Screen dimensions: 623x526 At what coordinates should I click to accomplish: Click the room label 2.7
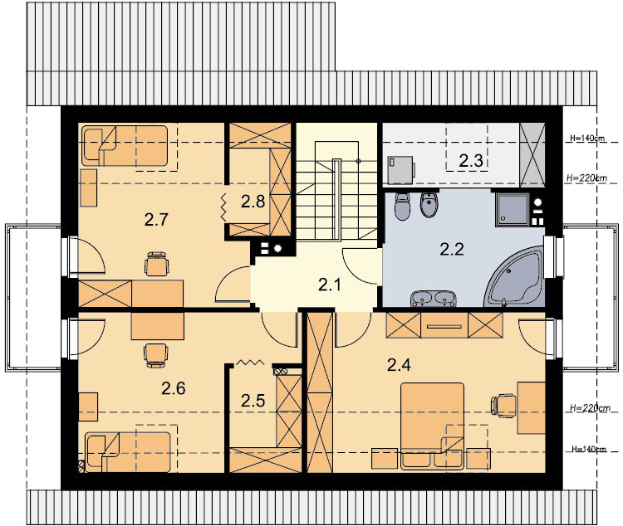(156, 220)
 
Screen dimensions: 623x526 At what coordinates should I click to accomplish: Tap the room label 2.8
(253, 202)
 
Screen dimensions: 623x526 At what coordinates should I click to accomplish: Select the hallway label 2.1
(330, 285)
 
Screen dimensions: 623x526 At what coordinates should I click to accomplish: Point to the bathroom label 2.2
(452, 249)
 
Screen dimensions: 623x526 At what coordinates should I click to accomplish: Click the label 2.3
(471, 161)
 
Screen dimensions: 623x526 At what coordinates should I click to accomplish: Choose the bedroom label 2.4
(399, 365)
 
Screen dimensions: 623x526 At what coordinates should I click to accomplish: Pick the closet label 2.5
(253, 401)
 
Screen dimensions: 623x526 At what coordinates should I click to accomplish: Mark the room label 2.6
(174, 388)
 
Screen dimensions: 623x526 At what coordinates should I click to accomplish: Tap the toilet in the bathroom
(403, 207)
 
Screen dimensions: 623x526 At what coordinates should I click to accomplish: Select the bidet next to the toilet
(429, 205)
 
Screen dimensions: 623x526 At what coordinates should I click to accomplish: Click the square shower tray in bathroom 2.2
(513, 210)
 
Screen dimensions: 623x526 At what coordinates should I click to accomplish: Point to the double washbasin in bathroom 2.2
(434, 299)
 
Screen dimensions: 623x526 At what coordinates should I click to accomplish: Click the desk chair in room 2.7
(157, 264)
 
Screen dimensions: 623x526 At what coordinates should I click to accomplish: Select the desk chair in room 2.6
(155, 355)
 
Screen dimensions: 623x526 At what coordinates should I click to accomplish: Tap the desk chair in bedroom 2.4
(503, 406)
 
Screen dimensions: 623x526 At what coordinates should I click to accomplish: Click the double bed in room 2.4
(432, 426)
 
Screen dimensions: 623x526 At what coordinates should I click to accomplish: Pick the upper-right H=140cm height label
(587, 139)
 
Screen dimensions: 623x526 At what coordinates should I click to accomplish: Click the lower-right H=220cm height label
(590, 407)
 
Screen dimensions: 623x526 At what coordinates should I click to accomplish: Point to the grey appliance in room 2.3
(401, 170)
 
